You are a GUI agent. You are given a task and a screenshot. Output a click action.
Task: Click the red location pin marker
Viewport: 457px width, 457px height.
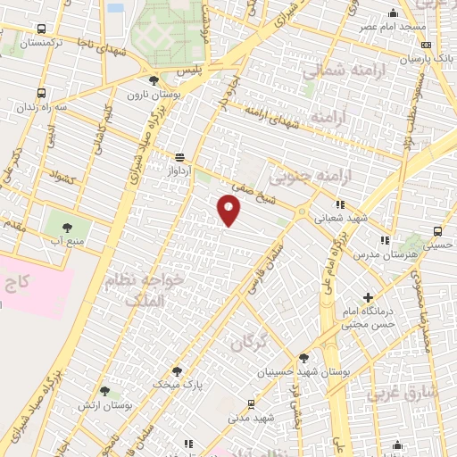(x=229, y=210)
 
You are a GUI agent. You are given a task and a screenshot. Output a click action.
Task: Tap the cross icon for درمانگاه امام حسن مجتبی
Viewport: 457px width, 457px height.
(x=369, y=296)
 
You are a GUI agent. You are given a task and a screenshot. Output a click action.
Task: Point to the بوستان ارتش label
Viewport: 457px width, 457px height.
(x=106, y=405)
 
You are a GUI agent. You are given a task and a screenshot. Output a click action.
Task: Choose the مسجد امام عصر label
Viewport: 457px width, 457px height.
(x=393, y=27)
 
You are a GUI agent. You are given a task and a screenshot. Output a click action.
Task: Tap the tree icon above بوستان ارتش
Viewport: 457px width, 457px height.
(x=105, y=391)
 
